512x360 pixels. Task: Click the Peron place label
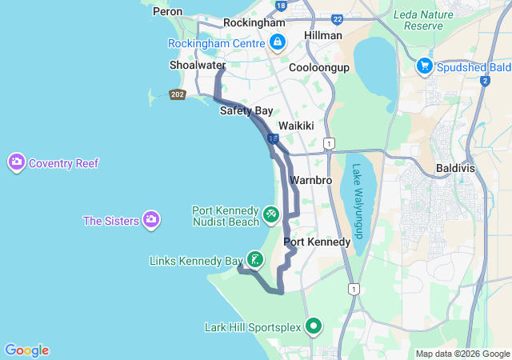167,12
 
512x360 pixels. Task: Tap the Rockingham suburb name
254,23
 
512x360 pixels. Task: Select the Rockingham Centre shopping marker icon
278,44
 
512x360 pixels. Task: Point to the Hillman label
323,35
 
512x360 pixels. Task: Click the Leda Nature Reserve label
418,20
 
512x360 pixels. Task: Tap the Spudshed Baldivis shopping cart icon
425,66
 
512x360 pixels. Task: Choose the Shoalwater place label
197,65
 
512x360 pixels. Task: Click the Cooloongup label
319,68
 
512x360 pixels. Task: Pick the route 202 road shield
178,94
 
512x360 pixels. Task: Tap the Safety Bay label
246,110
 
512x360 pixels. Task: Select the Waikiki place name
294,126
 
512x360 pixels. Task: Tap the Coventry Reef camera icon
16,163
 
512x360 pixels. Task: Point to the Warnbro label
311,180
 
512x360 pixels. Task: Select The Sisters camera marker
150,220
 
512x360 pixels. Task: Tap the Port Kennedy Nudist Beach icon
271,215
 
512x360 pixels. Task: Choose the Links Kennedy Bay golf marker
255,259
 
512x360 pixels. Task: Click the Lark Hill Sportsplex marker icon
314,326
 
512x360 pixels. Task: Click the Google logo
26,350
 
